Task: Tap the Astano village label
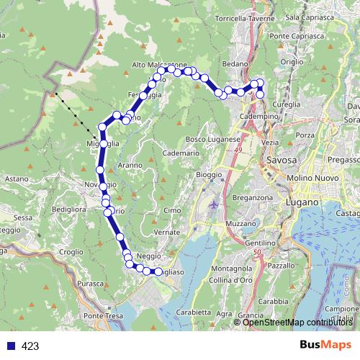(x=16, y=177)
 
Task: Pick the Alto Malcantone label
(x=160, y=65)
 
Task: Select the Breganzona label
(x=253, y=197)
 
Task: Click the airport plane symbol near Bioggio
(x=215, y=204)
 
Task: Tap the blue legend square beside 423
(x=9, y=346)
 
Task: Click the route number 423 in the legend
(x=30, y=346)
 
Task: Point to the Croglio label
(x=72, y=252)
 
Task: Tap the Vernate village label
(x=166, y=233)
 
